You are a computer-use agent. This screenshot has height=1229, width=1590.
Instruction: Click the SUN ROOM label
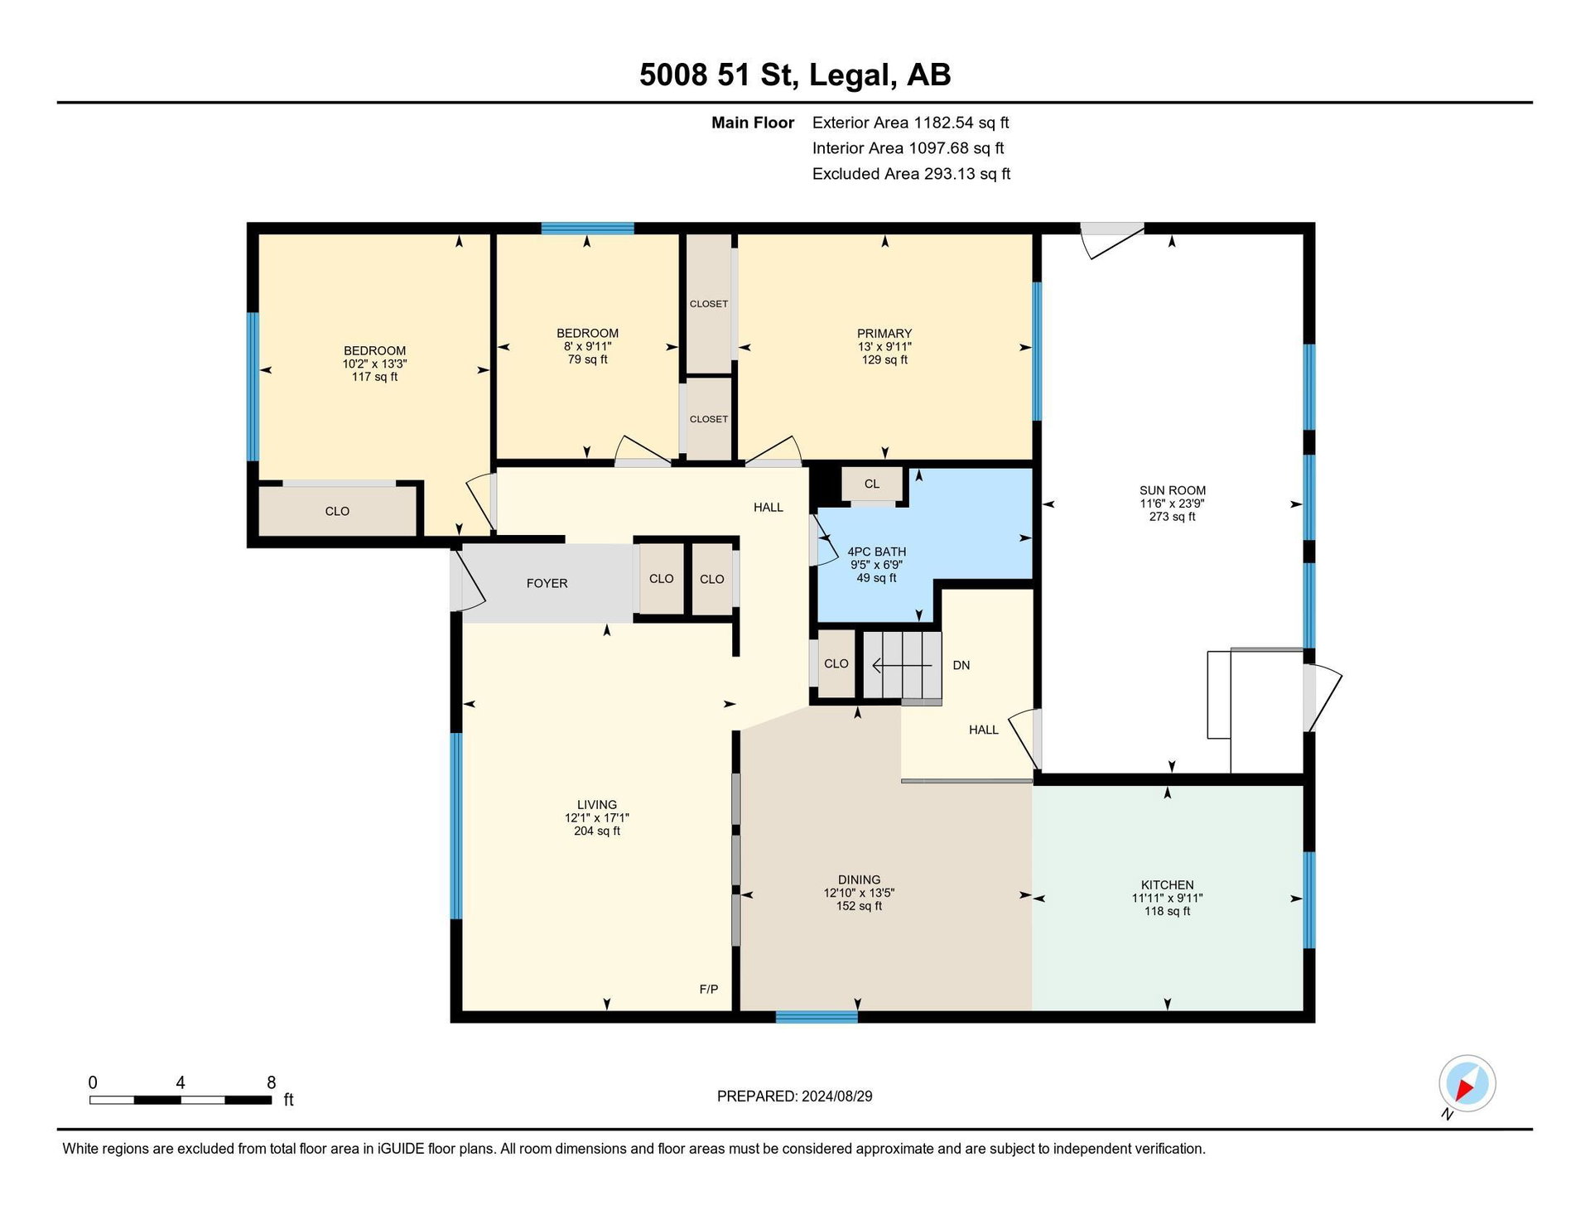(x=1173, y=490)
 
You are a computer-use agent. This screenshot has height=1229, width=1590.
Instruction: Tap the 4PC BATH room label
(x=877, y=552)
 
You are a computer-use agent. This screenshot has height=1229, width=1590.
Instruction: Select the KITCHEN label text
(x=1168, y=885)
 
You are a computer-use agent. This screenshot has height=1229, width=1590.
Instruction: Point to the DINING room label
(x=859, y=880)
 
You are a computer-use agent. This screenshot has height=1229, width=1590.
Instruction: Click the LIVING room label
(x=597, y=805)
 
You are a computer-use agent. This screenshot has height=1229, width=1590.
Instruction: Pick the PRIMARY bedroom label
(x=884, y=334)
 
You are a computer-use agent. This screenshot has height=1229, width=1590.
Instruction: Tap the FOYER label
(x=547, y=584)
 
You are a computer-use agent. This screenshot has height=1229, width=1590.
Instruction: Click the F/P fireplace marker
(x=709, y=990)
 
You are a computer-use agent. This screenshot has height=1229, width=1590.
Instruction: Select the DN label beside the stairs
(x=961, y=666)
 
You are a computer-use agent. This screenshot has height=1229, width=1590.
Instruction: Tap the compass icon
(x=1467, y=1083)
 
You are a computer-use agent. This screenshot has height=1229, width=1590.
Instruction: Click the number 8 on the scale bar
(x=272, y=1082)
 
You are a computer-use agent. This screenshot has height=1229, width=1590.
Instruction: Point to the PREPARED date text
(x=795, y=1096)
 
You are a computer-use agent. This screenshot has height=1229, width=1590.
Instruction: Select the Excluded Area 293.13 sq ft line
(x=911, y=174)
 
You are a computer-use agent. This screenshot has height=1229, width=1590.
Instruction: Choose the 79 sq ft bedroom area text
(x=588, y=360)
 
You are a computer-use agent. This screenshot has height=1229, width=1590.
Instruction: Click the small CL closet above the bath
(x=872, y=484)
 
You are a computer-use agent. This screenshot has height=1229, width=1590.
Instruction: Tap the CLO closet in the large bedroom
(x=338, y=511)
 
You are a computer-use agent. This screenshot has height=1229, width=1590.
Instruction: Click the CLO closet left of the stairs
(x=836, y=664)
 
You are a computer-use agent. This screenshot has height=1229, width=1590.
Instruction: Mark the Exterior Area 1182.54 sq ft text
(x=911, y=123)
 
